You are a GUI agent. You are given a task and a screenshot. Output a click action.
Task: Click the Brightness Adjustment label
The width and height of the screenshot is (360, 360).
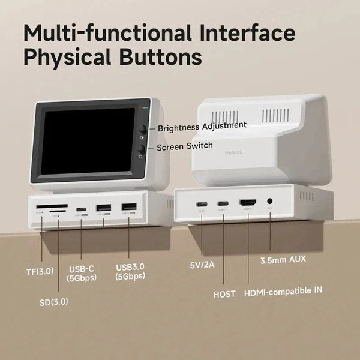202,125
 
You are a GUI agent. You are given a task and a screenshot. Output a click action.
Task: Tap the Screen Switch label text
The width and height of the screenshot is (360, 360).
185,147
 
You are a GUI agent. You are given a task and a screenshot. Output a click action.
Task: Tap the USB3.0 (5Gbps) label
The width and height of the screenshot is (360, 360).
130,272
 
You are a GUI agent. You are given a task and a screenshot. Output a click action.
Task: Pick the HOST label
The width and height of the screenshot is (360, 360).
224,294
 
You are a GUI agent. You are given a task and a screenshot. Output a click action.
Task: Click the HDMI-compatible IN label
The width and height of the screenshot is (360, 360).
283,292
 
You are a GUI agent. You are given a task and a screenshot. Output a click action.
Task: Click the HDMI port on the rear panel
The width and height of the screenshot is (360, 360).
248,203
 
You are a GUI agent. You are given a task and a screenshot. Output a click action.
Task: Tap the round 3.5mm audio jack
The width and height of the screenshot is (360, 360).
270,203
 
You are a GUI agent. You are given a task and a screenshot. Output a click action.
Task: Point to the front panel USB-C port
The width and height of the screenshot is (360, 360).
80,209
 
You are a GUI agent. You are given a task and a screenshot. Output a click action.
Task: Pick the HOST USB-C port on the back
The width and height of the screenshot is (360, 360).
223,202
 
